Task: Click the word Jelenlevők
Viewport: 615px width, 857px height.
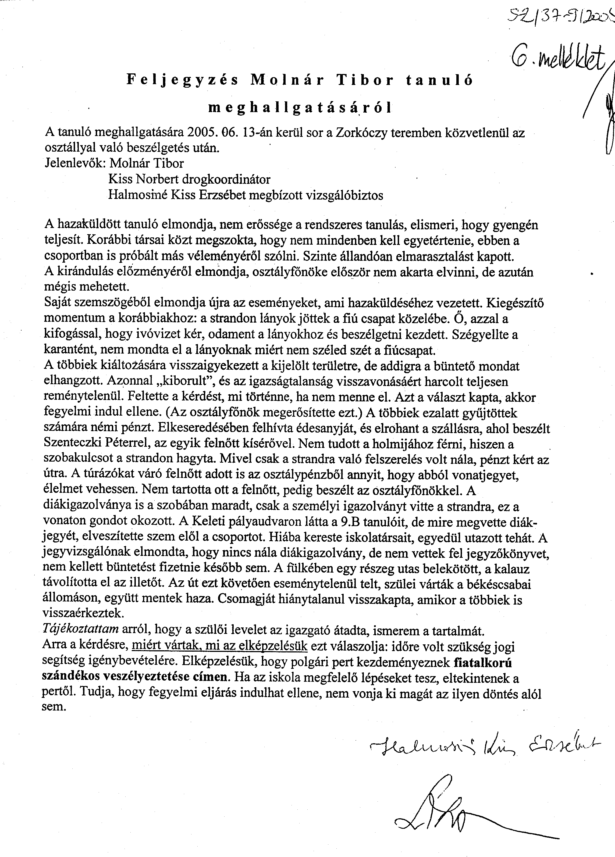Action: click(x=75, y=163)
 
